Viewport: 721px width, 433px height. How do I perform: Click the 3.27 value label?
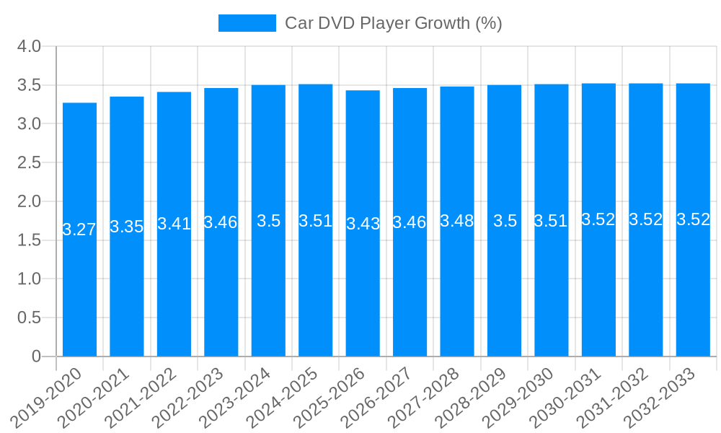79,229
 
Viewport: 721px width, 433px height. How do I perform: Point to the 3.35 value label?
127,227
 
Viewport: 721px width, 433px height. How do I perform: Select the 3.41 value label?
174,224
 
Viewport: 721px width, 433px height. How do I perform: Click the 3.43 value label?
363,224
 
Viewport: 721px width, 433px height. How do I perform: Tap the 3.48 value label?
457,222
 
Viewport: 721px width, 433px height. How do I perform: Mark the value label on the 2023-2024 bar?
268,221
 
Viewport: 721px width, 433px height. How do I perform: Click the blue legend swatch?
247,23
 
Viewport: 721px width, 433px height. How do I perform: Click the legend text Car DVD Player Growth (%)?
393,23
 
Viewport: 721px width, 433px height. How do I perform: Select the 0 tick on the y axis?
37,357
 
